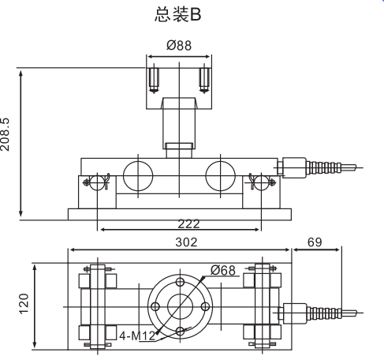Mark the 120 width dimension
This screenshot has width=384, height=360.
(x=24, y=302)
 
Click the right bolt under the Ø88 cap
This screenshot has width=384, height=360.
(x=206, y=79)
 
